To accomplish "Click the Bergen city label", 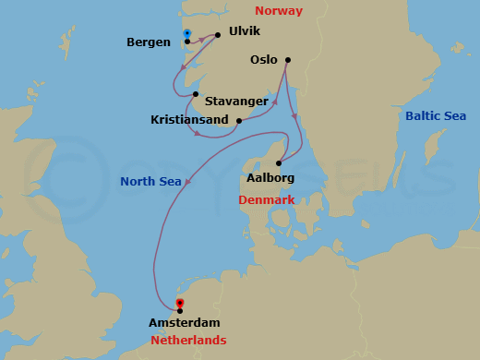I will pos(149,42).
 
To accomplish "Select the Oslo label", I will pos(264,60).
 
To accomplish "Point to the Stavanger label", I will pos(237,102).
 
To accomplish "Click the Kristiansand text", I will pos(190,120).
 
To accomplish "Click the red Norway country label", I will pos(280,12).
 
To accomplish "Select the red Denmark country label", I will pos(266,199).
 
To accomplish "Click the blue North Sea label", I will pos(150,181).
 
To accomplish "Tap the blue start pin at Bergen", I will pos(186,33).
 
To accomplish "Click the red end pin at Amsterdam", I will pos(180,303).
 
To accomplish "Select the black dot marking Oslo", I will pos(288,60).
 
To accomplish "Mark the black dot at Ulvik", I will pos(218,35).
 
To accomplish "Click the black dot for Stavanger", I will pos(196,94).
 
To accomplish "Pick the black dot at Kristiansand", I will pos(239,120).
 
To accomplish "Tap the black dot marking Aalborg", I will pos(278,164).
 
